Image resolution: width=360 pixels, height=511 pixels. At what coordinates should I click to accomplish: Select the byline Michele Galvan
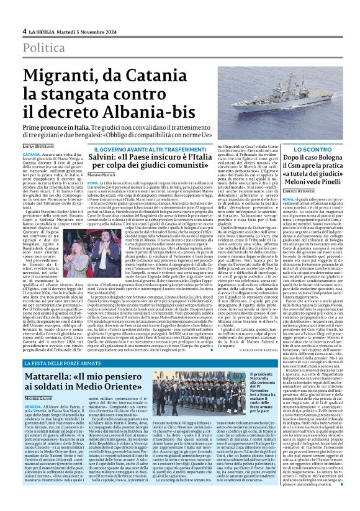37,397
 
